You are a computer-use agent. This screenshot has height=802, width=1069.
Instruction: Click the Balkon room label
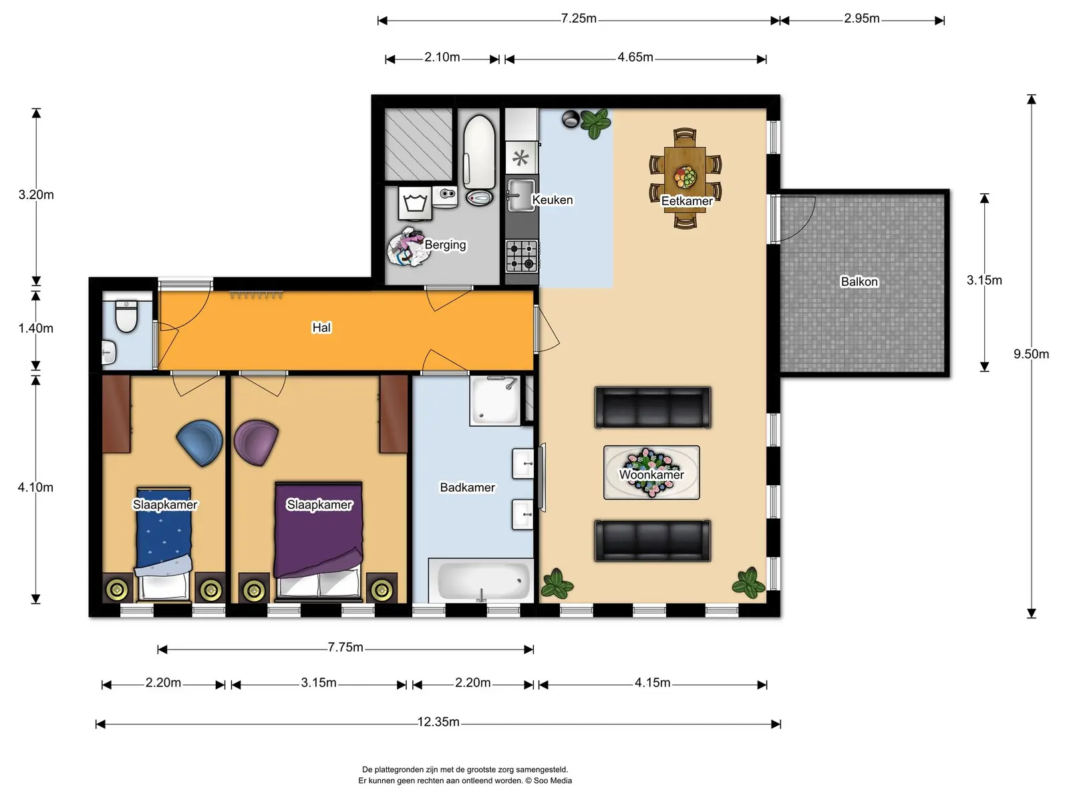click(x=859, y=281)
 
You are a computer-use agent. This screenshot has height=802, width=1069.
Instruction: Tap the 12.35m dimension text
click(x=438, y=722)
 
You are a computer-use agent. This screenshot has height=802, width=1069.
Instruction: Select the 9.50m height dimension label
click(x=1031, y=354)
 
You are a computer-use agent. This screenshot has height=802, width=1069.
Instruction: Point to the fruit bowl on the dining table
click(x=685, y=177)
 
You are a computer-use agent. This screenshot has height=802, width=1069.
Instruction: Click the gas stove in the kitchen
click(x=522, y=256)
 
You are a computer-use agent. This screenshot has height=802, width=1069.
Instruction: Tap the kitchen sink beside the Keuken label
click(x=521, y=195)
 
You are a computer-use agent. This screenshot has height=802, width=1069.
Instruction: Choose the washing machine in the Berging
click(x=415, y=203)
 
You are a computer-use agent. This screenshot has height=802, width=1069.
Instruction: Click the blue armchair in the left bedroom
click(x=200, y=442)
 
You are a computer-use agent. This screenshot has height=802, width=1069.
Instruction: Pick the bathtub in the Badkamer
click(x=482, y=581)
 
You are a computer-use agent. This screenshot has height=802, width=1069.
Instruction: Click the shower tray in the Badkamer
click(x=495, y=400)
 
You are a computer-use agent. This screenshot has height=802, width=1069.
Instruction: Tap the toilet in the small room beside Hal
click(x=126, y=316)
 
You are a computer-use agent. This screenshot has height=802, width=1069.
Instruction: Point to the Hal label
click(x=321, y=327)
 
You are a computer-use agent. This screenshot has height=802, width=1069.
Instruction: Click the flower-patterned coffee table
click(x=651, y=473)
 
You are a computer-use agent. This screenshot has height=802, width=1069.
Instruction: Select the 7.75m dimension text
click(x=345, y=647)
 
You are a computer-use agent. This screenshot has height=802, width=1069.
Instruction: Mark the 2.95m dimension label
click(x=861, y=19)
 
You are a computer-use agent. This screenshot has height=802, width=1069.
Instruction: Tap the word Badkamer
click(x=467, y=487)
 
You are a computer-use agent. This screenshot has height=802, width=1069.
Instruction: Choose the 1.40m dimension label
click(x=35, y=328)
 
